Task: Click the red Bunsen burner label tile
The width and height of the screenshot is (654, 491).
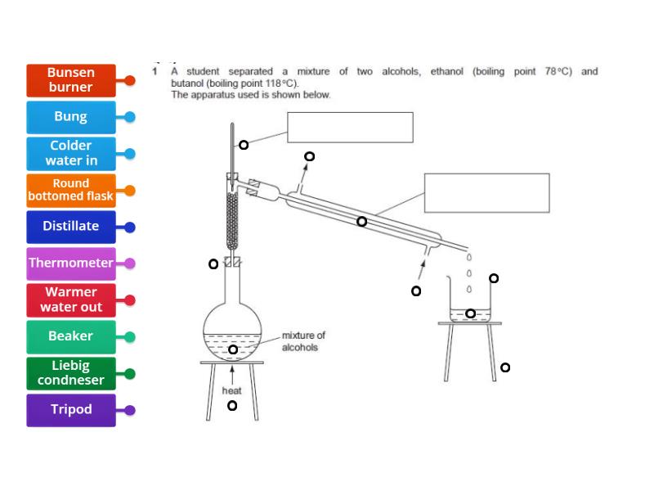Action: pos(71,80)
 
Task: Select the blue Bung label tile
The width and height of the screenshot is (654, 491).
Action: pos(71,117)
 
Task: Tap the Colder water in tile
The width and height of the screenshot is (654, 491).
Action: pos(71,153)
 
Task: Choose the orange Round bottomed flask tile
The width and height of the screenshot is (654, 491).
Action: pos(71,190)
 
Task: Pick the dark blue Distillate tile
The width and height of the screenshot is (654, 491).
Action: pos(71,227)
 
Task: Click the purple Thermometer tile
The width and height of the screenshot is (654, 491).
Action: pos(71,264)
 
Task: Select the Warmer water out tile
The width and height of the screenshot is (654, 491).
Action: pos(71,300)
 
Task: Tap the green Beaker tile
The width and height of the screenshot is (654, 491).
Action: pos(71,336)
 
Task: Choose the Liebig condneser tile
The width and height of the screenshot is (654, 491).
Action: pos(71,373)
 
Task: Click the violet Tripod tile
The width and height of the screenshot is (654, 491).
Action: pos(71,410)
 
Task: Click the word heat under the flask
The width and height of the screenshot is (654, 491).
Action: pos(231,390)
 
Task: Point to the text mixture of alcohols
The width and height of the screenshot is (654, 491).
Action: pos(302,341)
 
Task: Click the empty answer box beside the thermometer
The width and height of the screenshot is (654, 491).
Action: pos(350,127)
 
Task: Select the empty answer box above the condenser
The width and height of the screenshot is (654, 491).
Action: pos(486,192)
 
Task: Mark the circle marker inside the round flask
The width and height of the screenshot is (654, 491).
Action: pos(233,349)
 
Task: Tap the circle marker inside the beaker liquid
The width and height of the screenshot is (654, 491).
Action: pos(470,313)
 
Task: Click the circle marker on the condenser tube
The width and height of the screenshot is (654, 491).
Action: pos(361,221)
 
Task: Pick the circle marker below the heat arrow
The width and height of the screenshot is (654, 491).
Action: pos(232,405)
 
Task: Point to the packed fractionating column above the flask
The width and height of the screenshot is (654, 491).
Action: pos(232,221)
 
